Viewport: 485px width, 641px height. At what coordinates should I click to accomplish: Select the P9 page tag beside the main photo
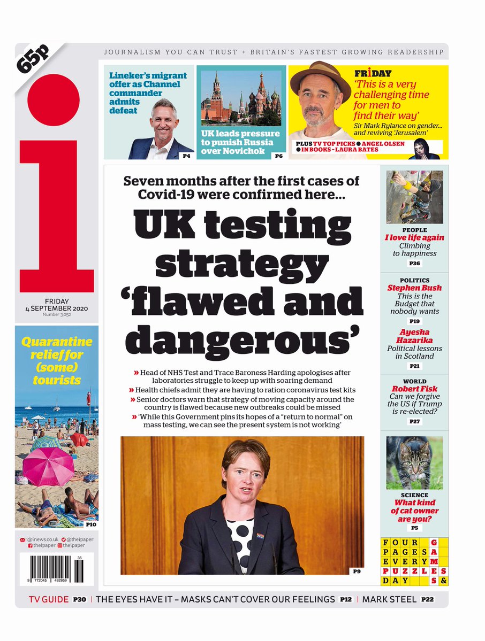click(x=357, y=572)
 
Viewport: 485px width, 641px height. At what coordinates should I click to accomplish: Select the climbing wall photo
click(x=415, y=197)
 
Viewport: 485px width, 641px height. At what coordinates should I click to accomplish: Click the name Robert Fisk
click(x=415, y=389)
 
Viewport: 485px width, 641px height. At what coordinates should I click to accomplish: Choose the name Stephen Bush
click(x=415, y=288)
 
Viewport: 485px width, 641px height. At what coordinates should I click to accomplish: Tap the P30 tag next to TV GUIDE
click(x=79, y=600)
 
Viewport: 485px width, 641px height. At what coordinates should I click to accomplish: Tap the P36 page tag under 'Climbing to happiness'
click(x=415, y=264)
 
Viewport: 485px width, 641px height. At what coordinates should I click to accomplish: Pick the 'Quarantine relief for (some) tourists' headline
click(x=57, y=361)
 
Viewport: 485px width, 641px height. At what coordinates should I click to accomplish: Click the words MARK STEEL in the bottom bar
click(x=389, y=600)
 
